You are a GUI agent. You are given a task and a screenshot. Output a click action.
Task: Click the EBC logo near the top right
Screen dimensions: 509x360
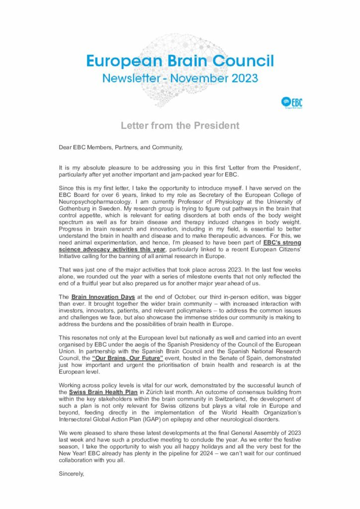click(291, 103)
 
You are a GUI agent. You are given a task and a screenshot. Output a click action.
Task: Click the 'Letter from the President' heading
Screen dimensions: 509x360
click(180, 126)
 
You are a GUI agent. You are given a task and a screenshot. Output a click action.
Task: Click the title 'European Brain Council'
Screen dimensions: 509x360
click(180, 61)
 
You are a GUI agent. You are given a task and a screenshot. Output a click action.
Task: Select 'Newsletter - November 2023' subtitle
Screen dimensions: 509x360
click(180, 78)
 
